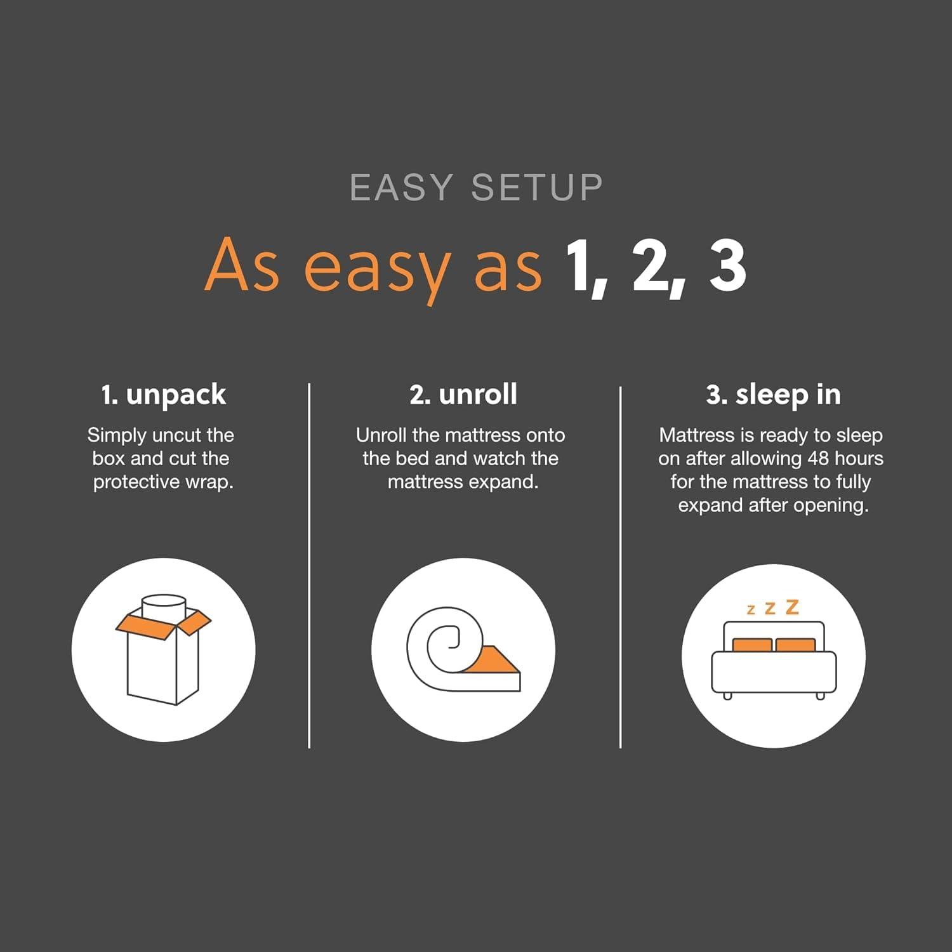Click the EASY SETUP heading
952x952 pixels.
click(x=476, y=187)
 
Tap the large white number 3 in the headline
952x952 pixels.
click(x=727, y=267)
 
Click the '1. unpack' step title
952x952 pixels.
click(x=163, y=395)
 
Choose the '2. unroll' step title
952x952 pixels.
click(x=463, y=394)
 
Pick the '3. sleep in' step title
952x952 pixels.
click(x=773, y=395)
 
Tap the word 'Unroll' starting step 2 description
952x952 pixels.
click(x=381, y=435)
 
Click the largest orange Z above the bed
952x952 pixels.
click(x=791, y=607)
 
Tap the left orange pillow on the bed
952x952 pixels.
click(x=752, y=645)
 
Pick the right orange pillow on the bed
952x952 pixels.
click(x=795, y=645)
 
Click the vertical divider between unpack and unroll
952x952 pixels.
click(x=309, y=565)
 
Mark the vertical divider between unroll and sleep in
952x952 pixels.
click(x=620, y=565)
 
